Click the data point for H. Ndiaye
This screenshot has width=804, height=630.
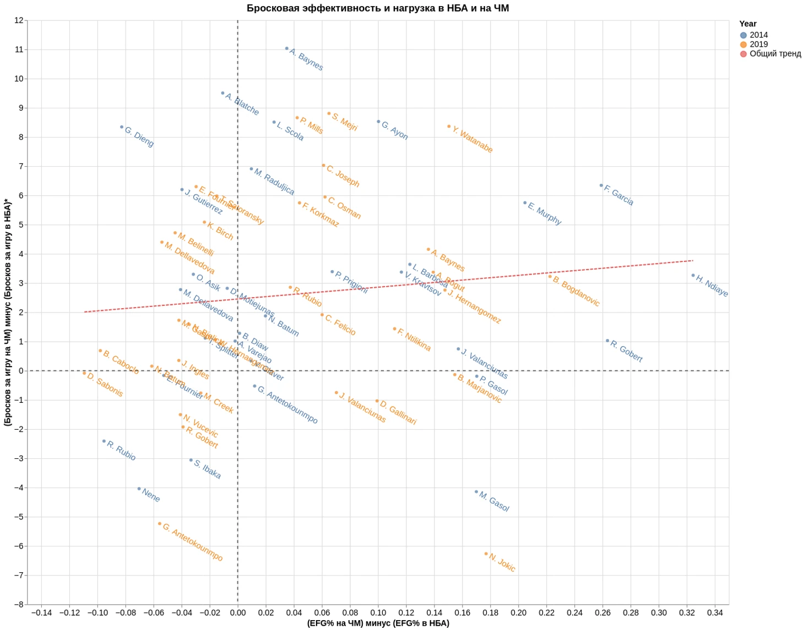coord(693,275)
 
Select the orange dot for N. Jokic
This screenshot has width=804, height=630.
coord(486,554)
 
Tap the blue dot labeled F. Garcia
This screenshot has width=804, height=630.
coord(601,185)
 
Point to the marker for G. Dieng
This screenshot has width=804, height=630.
coord(122,127)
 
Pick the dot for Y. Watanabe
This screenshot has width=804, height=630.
coord(449,127)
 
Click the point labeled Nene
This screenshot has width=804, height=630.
coord(139,489)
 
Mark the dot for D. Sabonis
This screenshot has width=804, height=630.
coord(84,373)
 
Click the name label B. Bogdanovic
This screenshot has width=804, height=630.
coord(576,292)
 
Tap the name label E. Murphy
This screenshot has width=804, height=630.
coord(545,213)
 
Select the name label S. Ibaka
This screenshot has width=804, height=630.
coord(208,469)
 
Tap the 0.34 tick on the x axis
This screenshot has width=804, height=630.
coord(715,612)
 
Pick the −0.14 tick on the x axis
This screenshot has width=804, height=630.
coord(41,612)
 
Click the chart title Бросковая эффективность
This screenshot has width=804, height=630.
coord(378,8)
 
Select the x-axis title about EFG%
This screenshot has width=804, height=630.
coord(378,623)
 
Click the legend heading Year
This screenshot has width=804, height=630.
coord(747,24)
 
